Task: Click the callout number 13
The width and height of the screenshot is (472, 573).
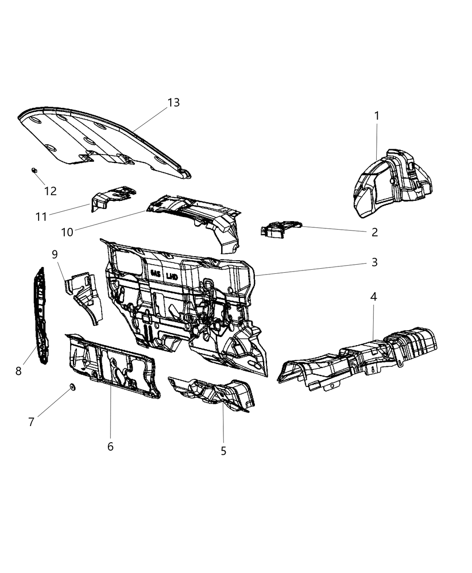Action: [174, 102]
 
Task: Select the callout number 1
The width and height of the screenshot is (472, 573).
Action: [377, 116]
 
